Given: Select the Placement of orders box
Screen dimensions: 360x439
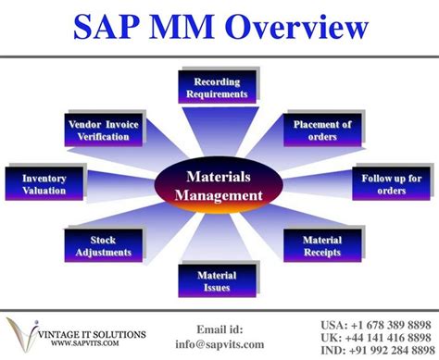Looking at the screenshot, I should (321, 131).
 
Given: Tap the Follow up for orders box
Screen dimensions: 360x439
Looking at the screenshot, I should (391, 184).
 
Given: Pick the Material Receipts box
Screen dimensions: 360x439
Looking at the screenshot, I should (321, 246).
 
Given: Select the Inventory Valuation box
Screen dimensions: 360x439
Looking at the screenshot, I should (44, 184).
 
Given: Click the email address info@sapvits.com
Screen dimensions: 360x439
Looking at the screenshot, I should (219, 344).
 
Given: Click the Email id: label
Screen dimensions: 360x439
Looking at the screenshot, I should (219, 329).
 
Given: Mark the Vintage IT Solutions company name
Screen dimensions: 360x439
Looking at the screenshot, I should (87, 331).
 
